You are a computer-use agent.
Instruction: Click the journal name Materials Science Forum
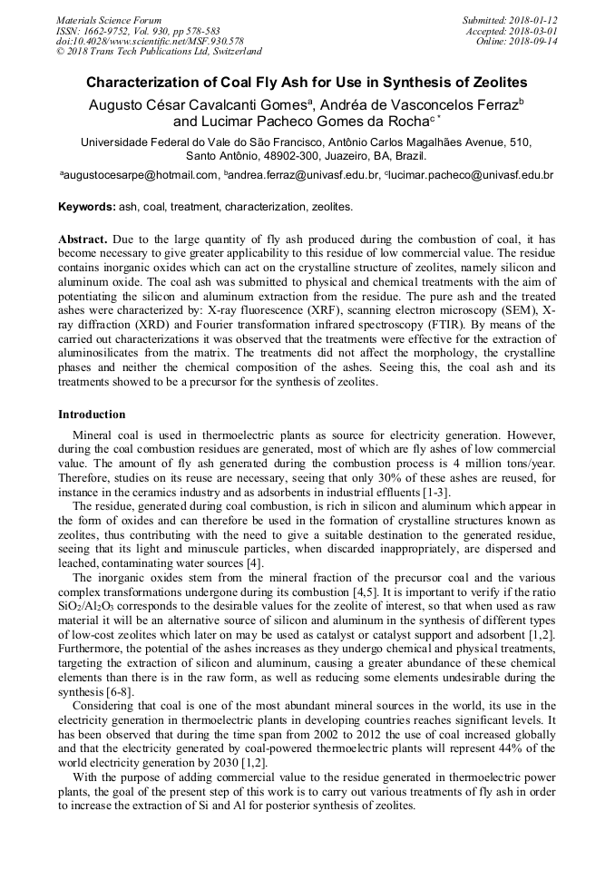pos(109,20)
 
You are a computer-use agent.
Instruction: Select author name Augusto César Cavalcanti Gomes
pos(199,104)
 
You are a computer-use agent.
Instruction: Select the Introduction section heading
pos(92,415)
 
